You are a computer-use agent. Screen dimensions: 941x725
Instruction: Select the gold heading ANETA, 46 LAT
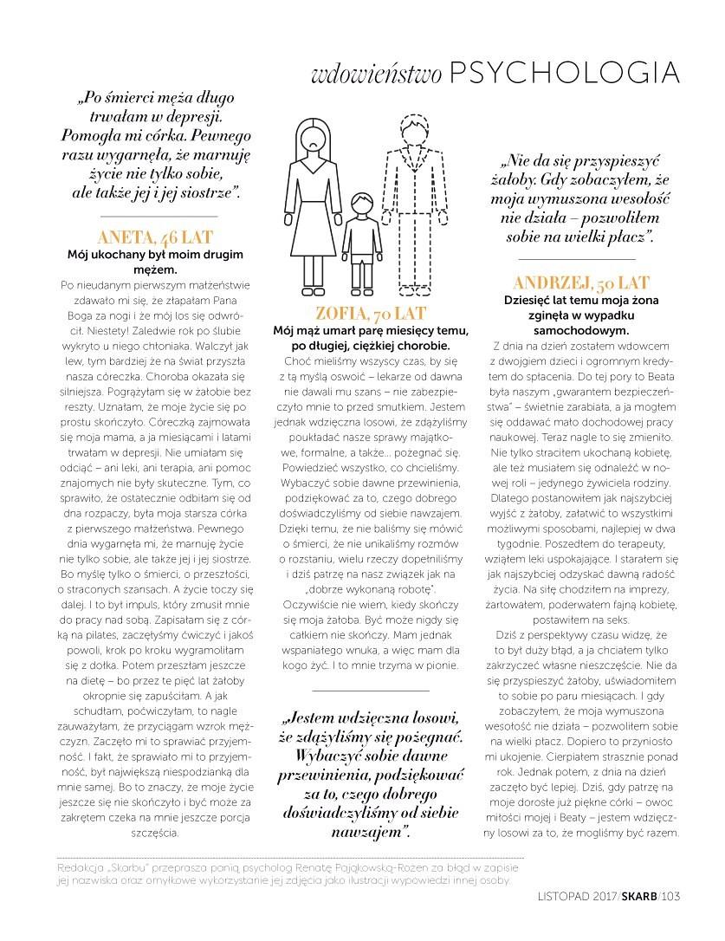(x=156, y=237)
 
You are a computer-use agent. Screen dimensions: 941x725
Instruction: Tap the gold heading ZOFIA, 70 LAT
(x=371, y=314)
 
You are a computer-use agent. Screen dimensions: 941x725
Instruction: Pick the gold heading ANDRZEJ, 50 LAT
(x=581, y=283)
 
